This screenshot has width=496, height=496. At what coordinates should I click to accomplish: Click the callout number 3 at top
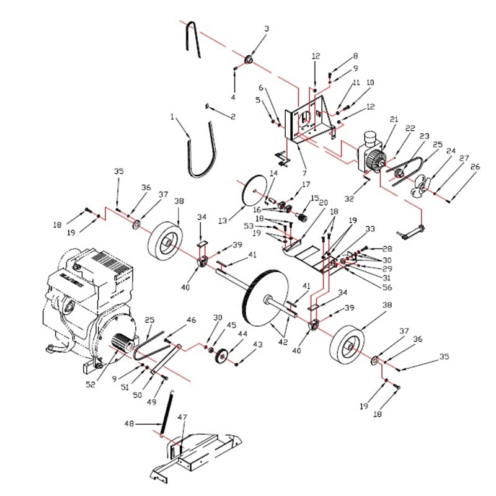click(267, 29)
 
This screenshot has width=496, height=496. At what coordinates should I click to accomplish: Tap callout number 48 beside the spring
click(129, 424)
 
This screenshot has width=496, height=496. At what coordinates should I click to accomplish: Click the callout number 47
click(182, 417)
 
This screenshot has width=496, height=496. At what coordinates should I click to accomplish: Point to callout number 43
click(258, 344)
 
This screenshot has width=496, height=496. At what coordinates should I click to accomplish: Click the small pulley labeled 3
click(249, 60)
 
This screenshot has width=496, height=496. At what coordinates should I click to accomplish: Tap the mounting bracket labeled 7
click(308, 124)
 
